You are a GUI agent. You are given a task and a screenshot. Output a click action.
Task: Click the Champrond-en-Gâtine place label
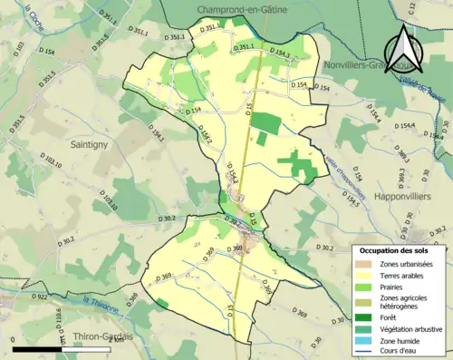237,8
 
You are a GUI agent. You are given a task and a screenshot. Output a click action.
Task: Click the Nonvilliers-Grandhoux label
367,65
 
